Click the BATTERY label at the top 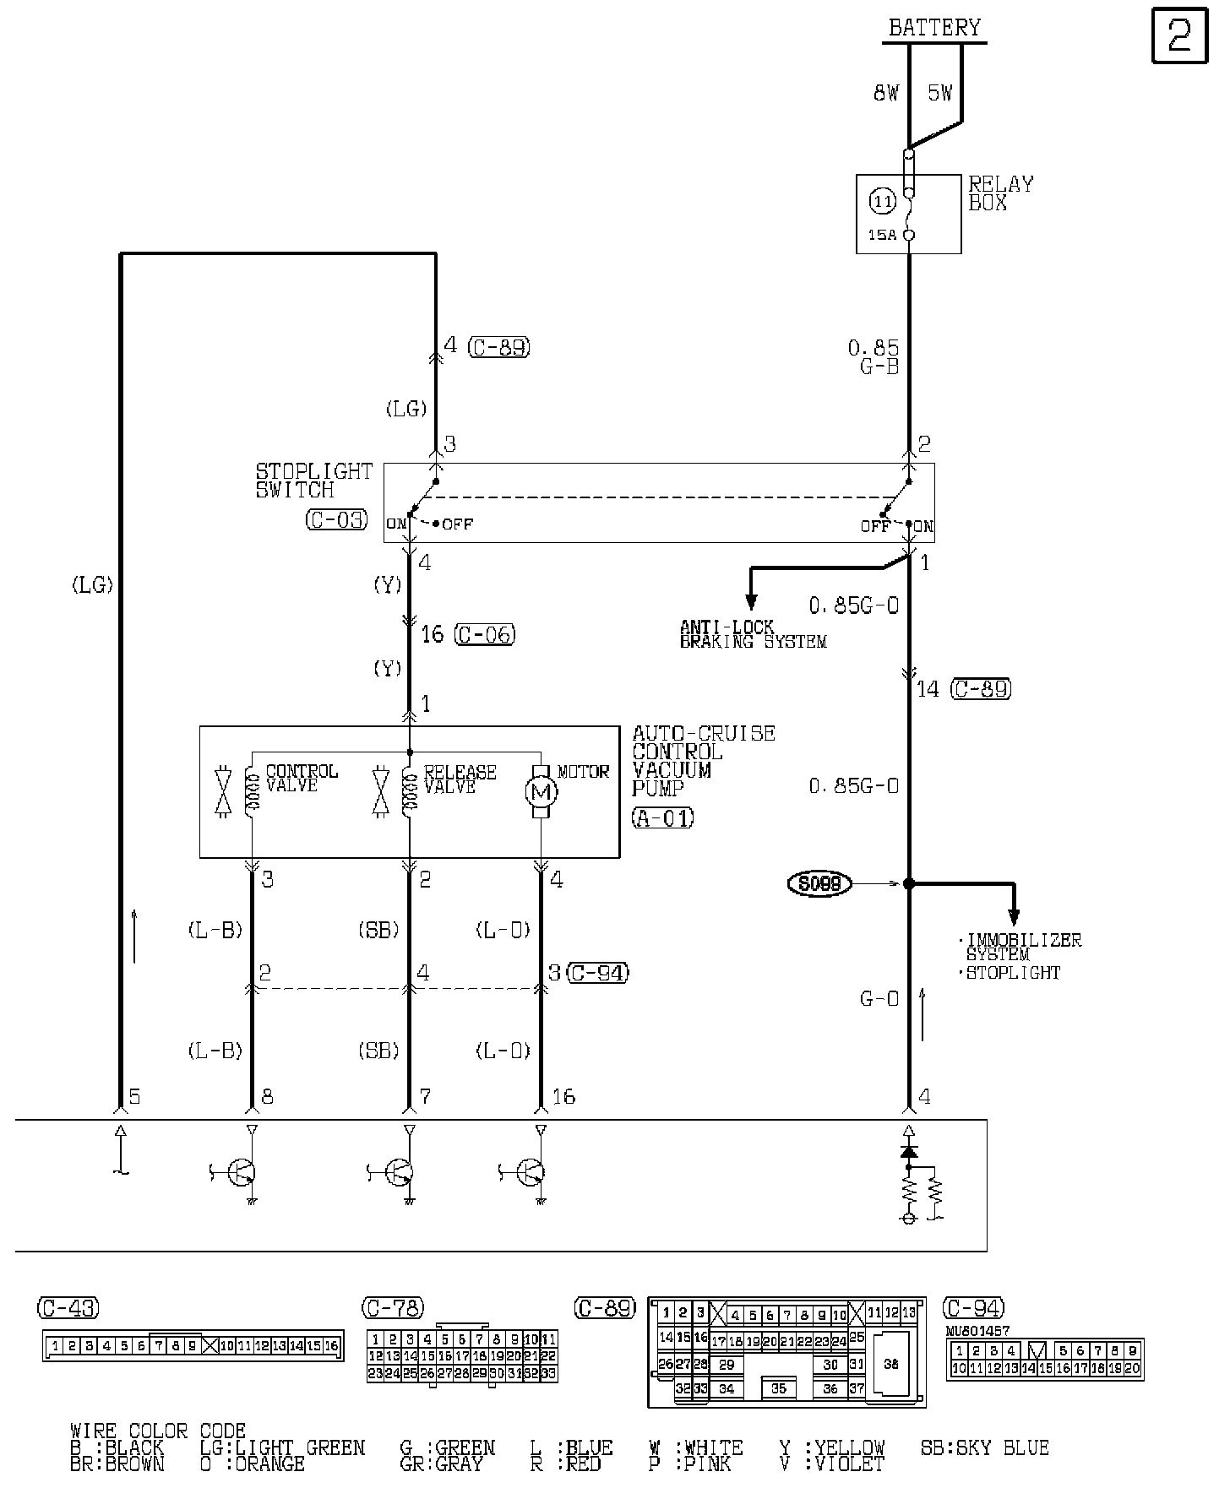[x=934, y=28]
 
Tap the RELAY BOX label [x=1000, y=193]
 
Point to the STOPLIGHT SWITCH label [x=313, y=481]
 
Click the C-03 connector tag [x=336, y=519]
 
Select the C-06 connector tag [x=484, y=634]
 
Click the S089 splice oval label [x=819, y=883]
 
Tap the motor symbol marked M [x=541, y=792]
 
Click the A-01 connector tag [x=663, y=817]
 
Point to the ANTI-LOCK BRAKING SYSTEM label [x=752, y=634]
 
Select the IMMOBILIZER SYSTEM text [x=1022, y=947]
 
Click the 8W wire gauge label [x=885, y=93]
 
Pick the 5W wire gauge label [x=940, y=93]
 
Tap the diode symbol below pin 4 [x=909, y=1151]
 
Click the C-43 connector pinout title [x=68, y=1308]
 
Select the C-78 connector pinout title [x=393, y=1308]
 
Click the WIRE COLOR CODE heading [x=157, y=1431]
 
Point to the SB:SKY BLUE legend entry [x=984, y=1447]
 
